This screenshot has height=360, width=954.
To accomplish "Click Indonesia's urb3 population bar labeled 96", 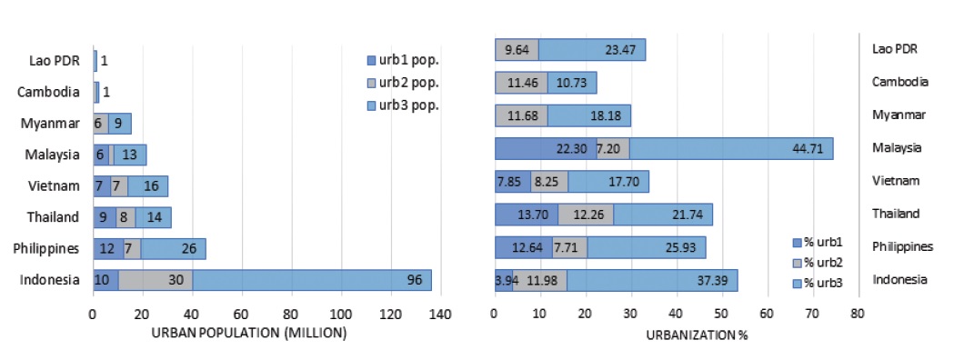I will [x=311, y=280].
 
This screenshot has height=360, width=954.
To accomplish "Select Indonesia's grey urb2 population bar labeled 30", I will [x=155, y=280].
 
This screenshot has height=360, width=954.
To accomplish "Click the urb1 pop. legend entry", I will [x=402, y=60].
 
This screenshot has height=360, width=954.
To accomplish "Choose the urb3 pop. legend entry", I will [x=402, y=105].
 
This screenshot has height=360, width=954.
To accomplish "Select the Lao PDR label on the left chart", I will [x=55, y=62].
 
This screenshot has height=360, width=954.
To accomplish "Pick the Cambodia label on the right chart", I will [x=899, y=82].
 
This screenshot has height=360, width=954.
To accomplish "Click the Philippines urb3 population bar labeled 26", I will [x=173, y=247].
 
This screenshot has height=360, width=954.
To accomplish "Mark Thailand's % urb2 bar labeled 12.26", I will [x=586, y=215].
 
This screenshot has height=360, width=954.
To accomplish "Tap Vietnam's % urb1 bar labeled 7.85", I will [x=511, y=182].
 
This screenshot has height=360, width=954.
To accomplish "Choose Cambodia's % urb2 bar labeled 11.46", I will [x=521, y=83].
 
